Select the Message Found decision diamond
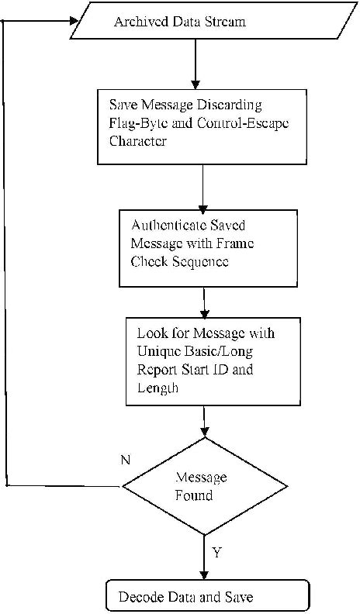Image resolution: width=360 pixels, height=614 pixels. [x=202, y=486]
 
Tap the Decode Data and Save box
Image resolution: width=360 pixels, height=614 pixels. [x=207, y=597]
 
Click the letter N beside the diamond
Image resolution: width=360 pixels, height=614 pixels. [x=125, y=460]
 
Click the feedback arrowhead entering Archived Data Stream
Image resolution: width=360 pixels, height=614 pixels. [x=74, y=22]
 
